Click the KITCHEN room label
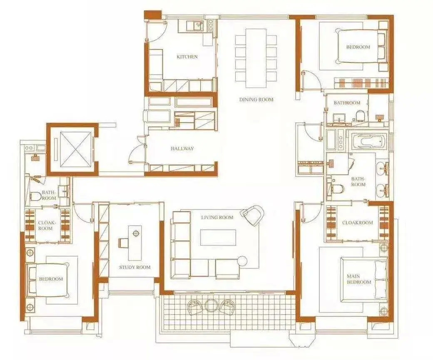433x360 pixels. (187, 57)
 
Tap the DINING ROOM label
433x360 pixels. (256, 99)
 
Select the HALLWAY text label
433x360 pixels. (182, 149)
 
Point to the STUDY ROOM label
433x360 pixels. (135, 267)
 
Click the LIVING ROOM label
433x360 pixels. (217, 218)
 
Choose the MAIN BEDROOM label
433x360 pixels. (359, 279)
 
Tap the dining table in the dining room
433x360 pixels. (256, 58)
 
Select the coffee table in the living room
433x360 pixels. (218, 237)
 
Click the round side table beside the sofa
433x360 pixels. (242, 261)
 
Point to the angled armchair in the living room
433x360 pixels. (252, 214)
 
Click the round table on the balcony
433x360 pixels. (212, 306)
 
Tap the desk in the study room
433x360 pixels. (135, 243)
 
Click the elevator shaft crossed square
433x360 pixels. (75, 149)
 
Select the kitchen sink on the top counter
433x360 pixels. (197, 26)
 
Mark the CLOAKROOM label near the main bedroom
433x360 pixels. (357, 223)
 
